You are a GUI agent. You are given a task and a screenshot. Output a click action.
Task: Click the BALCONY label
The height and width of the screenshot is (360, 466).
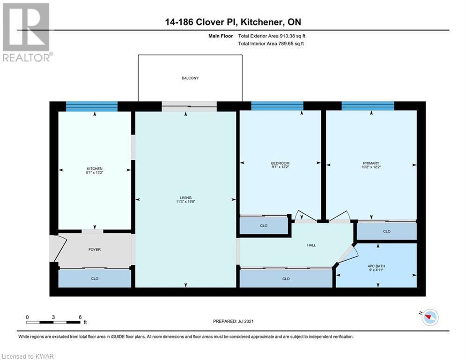coord(190,78)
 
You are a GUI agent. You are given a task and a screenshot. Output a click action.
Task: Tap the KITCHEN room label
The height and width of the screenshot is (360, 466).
coord(95,169)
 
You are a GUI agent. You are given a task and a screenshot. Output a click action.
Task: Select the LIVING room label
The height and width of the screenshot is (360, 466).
coord(185,197)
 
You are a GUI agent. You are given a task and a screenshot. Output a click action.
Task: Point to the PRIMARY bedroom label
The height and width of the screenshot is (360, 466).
coord(371,163)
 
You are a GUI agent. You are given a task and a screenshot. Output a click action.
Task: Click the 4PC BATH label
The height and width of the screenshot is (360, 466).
coord(376,266)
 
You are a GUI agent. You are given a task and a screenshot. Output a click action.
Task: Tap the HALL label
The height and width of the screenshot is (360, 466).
coord(311,245)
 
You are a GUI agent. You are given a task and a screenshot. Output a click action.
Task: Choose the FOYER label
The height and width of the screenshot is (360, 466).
coord(95,250)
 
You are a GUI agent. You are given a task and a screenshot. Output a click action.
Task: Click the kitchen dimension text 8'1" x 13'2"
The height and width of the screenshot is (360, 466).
coord(95,172)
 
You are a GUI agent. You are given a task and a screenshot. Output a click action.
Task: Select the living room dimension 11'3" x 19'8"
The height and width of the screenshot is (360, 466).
coord(185,202)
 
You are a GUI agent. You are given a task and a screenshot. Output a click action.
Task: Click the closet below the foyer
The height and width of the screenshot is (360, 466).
coord(95,278)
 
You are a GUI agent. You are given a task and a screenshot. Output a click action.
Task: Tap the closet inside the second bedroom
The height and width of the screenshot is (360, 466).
coord(264,225)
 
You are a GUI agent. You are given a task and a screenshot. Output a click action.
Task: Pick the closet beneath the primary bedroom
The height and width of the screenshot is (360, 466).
coord(387,231)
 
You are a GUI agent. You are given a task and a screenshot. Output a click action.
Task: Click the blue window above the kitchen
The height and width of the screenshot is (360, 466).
coord(91,106)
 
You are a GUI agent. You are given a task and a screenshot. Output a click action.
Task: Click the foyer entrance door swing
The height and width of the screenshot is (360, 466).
coord(59,249)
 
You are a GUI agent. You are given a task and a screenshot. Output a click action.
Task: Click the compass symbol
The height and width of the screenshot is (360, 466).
coord(429,317)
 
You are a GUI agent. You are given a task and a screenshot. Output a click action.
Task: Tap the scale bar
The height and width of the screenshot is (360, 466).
coord(53,322)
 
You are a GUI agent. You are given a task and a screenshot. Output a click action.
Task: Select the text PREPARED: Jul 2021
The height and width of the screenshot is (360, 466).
coord(233,321)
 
